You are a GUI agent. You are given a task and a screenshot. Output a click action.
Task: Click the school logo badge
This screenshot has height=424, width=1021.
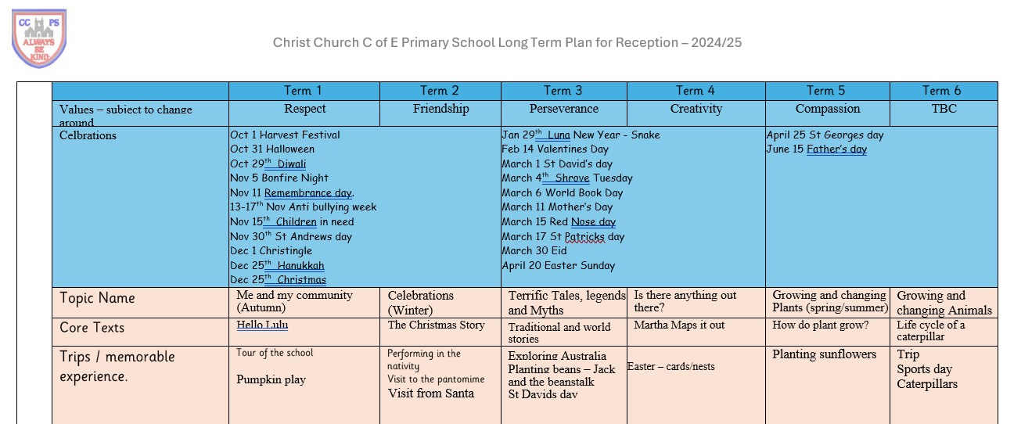pos(39,38)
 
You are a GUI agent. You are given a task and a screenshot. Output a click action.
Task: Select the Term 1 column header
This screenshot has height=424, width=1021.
pos(304,91)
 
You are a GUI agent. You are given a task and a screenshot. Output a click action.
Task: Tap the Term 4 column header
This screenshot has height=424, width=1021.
pos(695,91)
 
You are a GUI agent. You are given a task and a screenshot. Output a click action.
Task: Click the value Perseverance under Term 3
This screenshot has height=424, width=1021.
pos(563,110)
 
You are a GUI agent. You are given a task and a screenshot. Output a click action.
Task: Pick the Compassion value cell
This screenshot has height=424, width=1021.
pos(827,110)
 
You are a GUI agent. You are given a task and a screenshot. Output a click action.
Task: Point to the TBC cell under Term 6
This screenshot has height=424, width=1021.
pos(944,110)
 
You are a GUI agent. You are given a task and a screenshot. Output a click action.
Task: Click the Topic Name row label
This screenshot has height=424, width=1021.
pos(97,298)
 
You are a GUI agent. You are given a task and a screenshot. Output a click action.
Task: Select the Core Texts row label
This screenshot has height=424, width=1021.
pos(92,328)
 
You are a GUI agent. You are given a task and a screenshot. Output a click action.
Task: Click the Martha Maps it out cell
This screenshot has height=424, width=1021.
pos(679,325)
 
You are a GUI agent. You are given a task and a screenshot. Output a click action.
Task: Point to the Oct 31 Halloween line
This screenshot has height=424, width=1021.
pos(272,149)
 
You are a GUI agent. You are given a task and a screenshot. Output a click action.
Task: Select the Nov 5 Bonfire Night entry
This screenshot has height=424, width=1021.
pos(279,178)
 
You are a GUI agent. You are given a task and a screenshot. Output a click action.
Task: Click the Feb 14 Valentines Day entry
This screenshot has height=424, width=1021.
pos(555,149)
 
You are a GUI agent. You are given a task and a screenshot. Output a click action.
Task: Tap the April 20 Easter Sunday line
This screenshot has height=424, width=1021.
pos(558,265)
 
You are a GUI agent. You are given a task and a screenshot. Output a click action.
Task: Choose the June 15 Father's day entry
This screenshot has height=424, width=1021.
pos(817,149)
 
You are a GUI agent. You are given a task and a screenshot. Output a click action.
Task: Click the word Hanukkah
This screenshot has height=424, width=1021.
pos(300,265)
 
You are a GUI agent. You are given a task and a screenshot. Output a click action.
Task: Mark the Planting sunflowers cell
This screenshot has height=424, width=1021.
pos(824,354)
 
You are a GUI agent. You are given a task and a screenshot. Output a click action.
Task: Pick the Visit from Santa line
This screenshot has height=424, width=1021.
pos(431,393)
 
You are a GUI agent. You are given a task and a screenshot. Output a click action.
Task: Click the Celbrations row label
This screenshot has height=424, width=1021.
pos(88,135)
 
